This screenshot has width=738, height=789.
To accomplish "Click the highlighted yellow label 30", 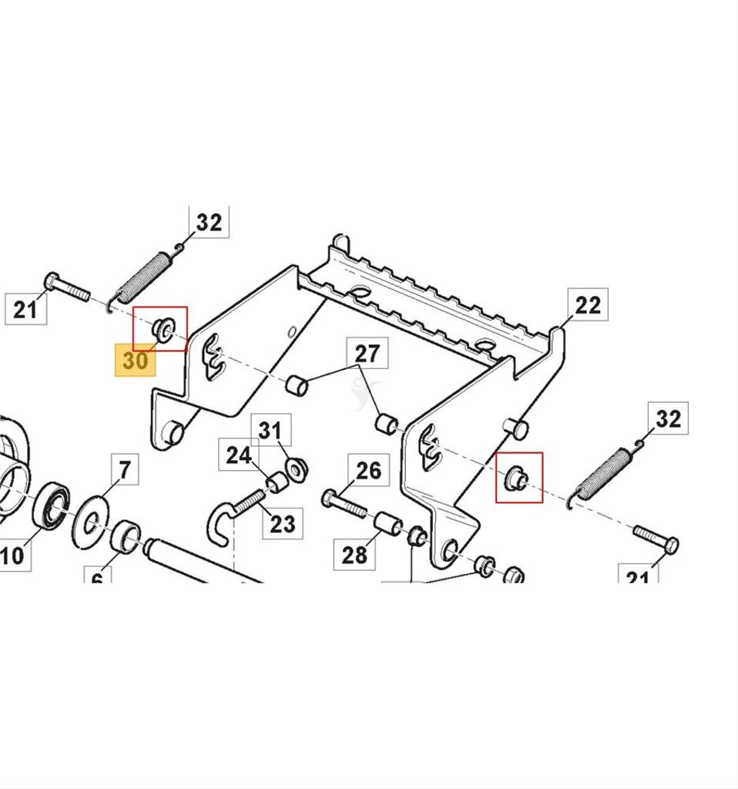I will [135, 361].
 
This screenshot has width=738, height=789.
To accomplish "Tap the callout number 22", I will [587, 305].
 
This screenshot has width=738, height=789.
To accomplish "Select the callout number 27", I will [367, 354].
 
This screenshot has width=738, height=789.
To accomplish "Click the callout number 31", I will [270, 430].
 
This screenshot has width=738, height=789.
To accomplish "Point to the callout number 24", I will [238, 455].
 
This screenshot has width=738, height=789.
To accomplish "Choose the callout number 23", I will [282, 524].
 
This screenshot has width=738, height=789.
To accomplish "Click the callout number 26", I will [368, 470].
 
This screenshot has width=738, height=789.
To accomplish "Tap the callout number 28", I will [354, 554].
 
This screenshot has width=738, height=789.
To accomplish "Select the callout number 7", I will [125, 468].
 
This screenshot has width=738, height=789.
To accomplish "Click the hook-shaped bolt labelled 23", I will [231, 515].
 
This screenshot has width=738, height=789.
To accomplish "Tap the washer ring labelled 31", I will [296, 468].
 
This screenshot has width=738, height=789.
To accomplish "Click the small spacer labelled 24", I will [277, 483].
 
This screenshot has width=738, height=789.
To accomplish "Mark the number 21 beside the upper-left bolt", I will [25, 310].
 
